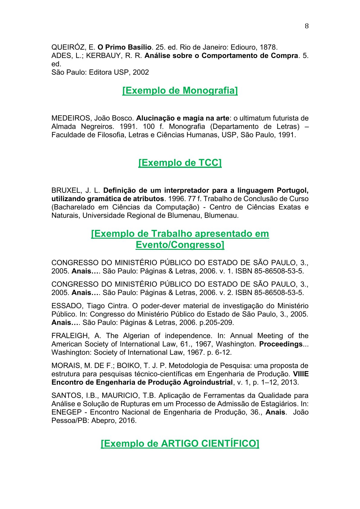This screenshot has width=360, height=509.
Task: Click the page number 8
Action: [306, 26]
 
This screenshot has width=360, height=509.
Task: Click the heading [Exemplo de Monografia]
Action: [180, 90]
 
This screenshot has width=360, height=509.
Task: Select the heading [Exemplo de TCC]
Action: [180, 163]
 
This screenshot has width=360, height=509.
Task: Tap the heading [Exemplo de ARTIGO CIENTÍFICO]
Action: [180, 443]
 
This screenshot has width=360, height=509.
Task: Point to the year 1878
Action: [268, 47]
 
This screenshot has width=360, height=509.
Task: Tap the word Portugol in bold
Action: [292, 191]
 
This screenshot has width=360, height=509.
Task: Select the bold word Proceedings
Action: [281, 344]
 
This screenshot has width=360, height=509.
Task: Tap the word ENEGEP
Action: [67, 412]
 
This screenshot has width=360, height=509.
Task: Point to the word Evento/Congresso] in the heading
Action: [180, 245]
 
